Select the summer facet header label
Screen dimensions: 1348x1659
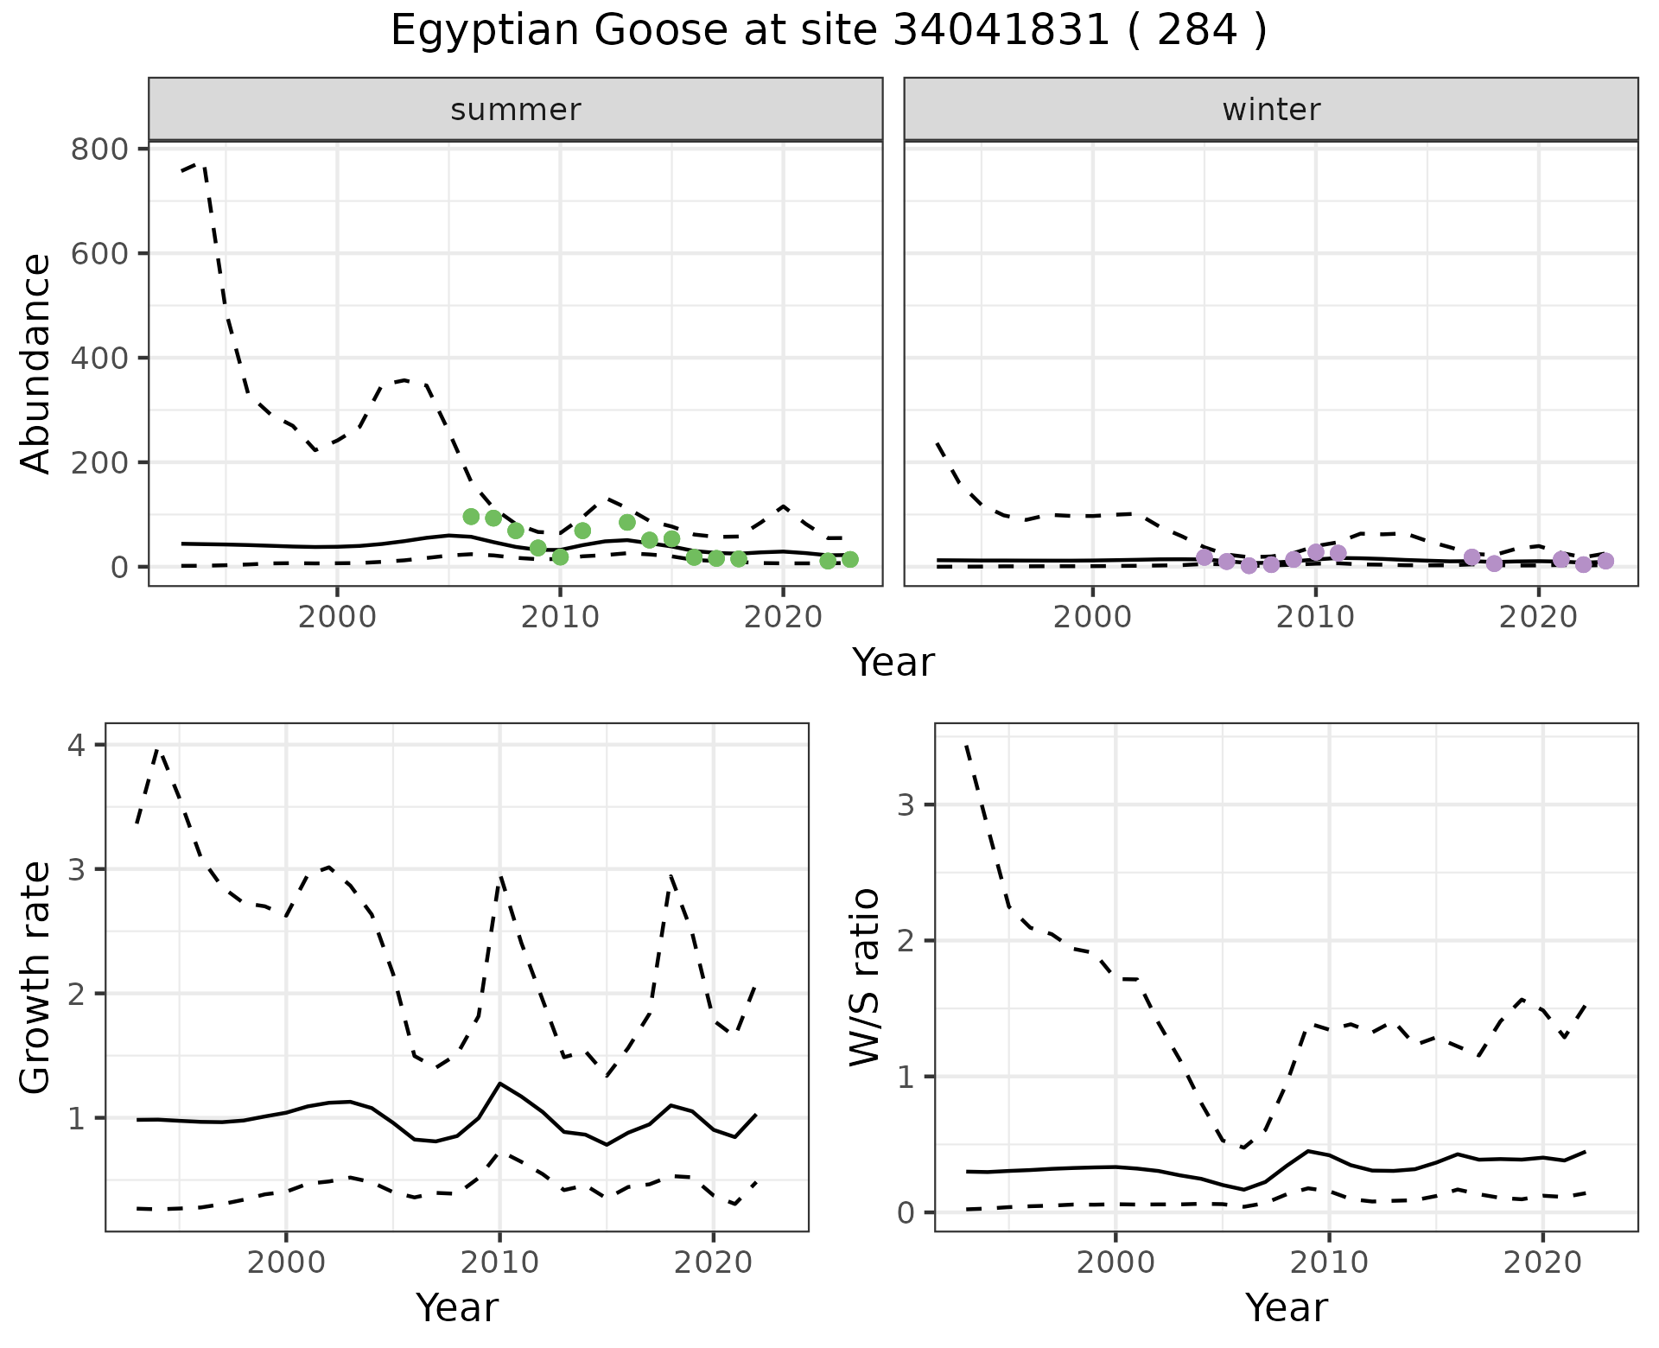click(516, 110)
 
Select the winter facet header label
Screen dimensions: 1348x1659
click(1271, 110)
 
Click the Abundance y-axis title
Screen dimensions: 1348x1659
click(36, 363)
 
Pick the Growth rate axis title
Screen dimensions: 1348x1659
click(36, 978)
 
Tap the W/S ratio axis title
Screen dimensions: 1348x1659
click(865, 978)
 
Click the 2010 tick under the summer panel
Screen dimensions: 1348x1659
click(560, 618)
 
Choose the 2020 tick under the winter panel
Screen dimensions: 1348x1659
click(1538, 618)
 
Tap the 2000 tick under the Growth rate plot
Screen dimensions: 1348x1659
click(286, 1262)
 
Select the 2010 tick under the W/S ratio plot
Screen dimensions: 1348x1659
click(1329, 1262)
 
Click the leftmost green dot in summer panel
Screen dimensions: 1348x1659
click(471, 517)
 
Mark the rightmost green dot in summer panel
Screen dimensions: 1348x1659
click(850, 559)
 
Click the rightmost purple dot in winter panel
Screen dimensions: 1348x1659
click(1605, 561)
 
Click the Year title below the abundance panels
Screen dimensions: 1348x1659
click(893, 663)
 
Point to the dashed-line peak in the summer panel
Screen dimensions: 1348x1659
click(200, 162)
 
